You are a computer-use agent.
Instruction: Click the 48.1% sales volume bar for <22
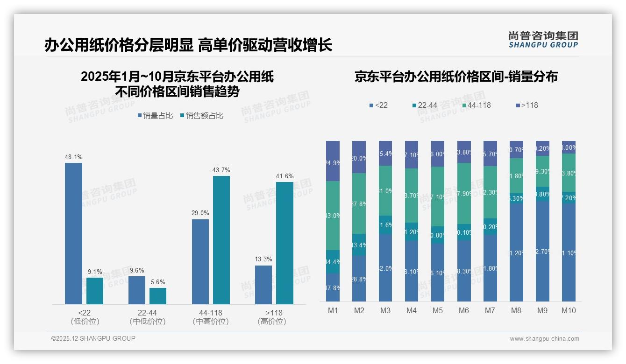point(73,233)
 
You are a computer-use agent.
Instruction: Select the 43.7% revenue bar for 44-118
point(221,240)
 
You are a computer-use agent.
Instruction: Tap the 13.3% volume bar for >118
point(263,285)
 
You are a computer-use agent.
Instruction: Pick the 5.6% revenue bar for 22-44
point(158,296)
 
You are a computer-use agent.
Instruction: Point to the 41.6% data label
point(285,176)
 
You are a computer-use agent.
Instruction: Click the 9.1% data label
point(95,272)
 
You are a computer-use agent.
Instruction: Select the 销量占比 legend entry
point(155,116)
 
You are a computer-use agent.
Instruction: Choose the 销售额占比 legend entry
point(201,116)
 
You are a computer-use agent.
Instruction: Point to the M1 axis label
point(333,310)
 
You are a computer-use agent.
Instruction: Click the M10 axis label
point(569,310)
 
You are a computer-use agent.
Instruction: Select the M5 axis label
point(437,310)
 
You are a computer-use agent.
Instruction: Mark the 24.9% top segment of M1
point(333,161)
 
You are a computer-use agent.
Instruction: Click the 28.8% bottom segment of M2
point(359,278)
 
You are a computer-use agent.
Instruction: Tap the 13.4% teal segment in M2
point(359,245)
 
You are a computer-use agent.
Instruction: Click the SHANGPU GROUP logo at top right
point(543,40)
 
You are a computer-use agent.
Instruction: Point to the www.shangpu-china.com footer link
point(544,339)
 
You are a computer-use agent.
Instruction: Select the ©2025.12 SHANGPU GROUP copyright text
point(93,338)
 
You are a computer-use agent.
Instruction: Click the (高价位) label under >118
point(272,322)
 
